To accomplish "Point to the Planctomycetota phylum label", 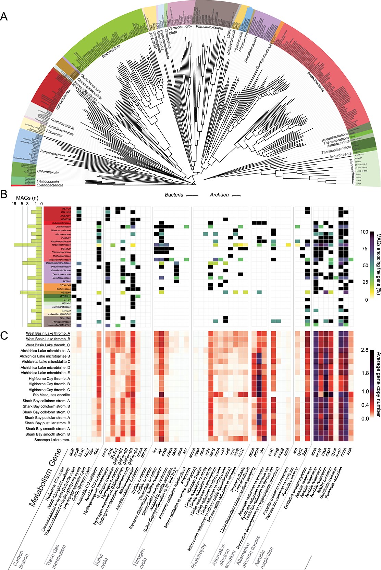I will click(209, 27).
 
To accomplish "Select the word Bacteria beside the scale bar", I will click(174, 195).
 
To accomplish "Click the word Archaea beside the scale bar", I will click(219, 195).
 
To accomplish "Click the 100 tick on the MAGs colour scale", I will click(364, 232).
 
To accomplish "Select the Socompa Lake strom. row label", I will click(52, 440).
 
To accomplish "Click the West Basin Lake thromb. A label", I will click(48, 334).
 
